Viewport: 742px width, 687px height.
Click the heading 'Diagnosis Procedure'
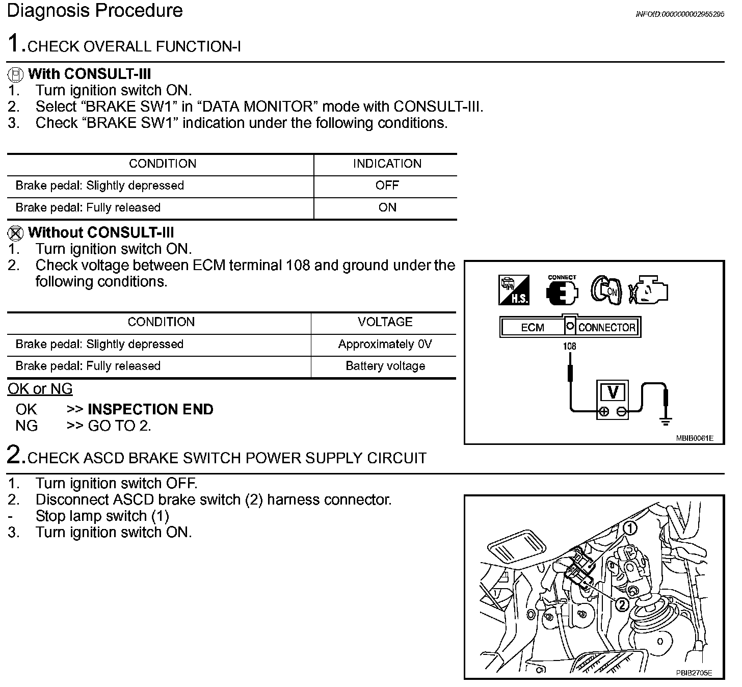pyautogui.click(x=95, y=11)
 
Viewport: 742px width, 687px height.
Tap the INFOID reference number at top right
pyautogui.click(x=679, y=14)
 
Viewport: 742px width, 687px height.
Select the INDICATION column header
pyautogui.click(x=387, y=164)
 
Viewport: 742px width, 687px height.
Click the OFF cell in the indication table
pyautogui.click(x=387, y=186)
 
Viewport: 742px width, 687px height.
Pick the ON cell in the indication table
pyautogui.click(x=387, y=207)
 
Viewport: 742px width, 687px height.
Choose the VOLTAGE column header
pyautogui.click(x=385, y=322)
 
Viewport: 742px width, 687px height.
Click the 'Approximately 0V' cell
pyautogui.click(x=385, y=344)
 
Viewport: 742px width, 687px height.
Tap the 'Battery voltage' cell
pyautogui.click(x=385, y=366)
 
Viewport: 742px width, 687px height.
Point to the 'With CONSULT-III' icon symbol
pyautogui.click(x=16, y=74)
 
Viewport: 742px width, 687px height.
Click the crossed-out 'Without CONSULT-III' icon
pyautogui.click(x=16, y=233)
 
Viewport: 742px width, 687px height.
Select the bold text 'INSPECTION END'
pyautogui.click(x=150, y=409)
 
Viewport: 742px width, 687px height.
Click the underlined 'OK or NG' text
pyautogui.click(x=40, y=389)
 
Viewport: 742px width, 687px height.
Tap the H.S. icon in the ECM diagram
pyautogui.click(x=514, y=290)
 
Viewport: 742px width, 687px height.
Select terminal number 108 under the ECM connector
pyautogui.click(x=569, y=346)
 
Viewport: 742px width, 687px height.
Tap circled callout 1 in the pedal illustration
pyautogui.click(x=630, y=529)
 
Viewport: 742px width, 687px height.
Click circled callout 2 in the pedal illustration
pyautogui.click(x=622, y=604)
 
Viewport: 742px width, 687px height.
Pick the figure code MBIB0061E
pyautogui.click(x=694, y=438)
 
